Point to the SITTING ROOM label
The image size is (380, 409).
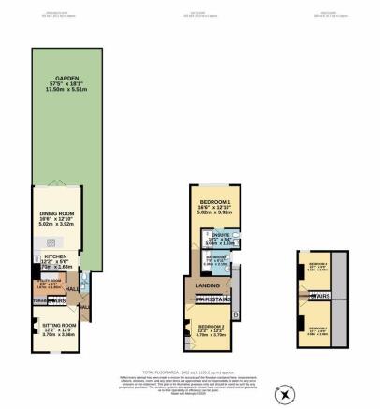click(55, 322)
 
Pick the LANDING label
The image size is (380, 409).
click(207, 285)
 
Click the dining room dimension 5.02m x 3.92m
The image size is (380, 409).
click(56, 224)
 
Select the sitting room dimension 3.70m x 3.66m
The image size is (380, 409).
click(55, 334)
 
